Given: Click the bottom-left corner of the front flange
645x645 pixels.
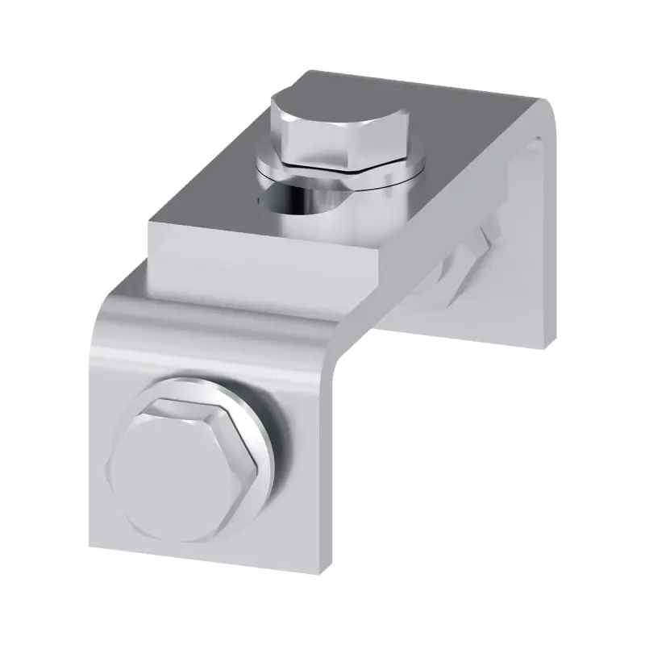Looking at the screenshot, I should [x=91, y=548].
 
